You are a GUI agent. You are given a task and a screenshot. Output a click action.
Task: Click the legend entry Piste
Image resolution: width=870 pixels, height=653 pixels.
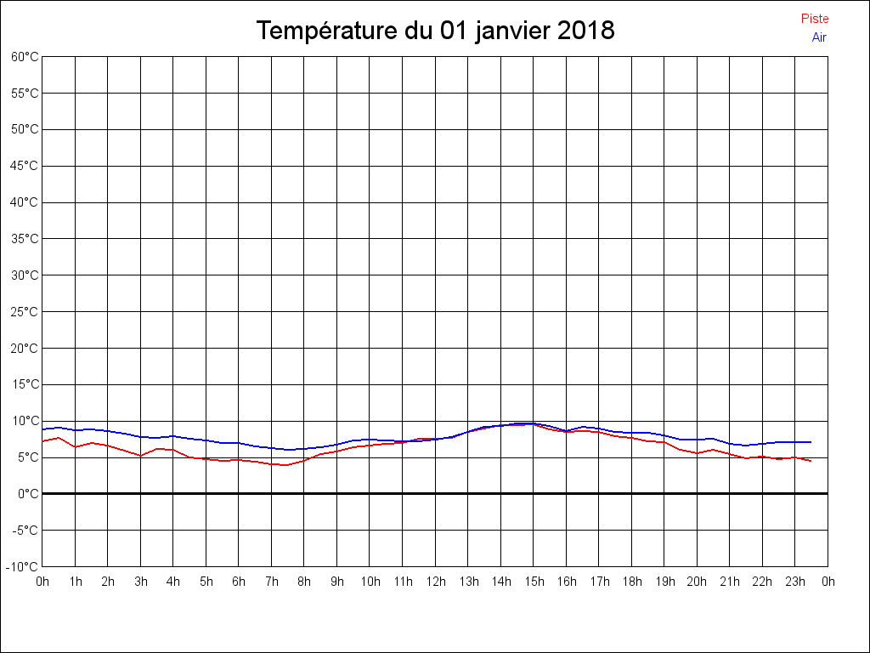point(814,19)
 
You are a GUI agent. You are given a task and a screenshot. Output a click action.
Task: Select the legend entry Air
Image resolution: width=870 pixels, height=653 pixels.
point(819,37)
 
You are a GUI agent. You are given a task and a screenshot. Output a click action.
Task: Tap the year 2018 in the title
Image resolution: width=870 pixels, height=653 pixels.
point(586,31)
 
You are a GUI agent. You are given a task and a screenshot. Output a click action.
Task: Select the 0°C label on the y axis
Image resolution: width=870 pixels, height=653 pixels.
point(28,493)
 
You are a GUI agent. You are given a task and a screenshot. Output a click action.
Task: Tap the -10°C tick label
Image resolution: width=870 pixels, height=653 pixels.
point(23,566)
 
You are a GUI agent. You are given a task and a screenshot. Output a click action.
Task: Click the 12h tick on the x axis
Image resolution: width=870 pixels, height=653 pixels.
point(435,582)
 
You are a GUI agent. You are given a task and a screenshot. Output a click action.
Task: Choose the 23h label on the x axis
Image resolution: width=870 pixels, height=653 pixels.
point(794,582)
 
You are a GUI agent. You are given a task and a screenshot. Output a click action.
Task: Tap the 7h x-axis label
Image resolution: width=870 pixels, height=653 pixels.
point(272,582)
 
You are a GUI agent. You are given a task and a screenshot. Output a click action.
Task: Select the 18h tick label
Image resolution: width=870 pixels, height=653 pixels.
point(631,582)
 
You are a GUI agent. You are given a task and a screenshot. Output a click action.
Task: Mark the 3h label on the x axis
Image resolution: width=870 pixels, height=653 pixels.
point(141,582)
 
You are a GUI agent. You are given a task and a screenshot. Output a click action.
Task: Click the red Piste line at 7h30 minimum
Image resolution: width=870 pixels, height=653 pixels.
point(288,465)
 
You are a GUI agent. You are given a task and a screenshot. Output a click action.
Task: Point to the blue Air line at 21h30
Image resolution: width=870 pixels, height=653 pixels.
point(746,446)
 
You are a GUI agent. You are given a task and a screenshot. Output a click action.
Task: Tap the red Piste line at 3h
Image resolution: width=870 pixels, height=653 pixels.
point(141,456)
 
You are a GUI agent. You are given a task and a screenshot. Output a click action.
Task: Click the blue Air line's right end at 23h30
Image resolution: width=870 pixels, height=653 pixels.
point(811,442)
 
